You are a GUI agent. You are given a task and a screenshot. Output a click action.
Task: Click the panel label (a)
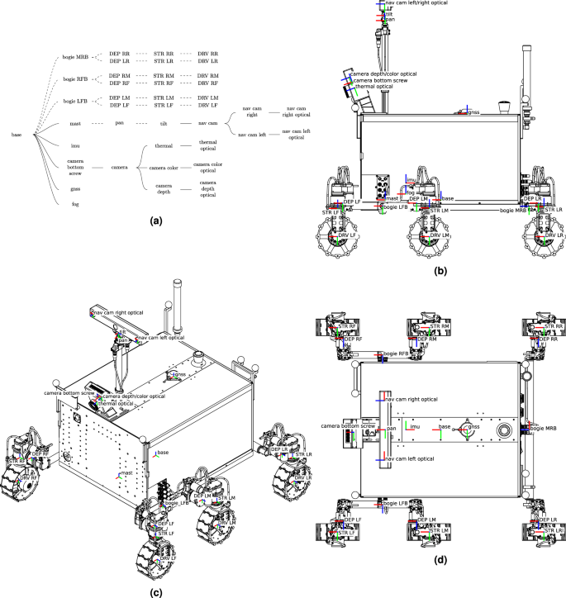(x=155, y=222)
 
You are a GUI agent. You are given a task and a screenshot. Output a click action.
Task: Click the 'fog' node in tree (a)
(x=75, y=203)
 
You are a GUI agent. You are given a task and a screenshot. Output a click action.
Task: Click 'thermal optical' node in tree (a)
(x=207, y=145)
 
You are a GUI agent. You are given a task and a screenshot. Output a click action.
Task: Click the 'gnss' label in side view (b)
(x=473, y=112)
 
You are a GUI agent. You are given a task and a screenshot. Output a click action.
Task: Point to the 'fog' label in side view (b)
(x=411, y=192)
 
